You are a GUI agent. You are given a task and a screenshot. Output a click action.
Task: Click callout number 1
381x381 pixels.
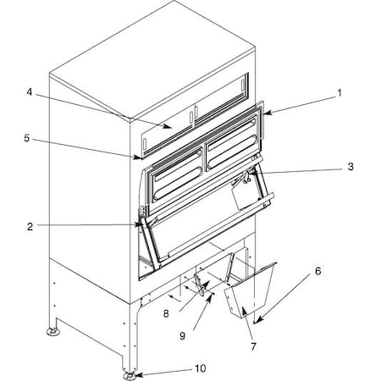tap(340, 92)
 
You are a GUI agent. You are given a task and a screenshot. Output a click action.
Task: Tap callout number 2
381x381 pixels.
tap(30, 227)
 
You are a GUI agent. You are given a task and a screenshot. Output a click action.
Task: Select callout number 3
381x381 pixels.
tap(351, 167)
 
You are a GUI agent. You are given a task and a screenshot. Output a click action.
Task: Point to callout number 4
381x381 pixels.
tap(30, 92)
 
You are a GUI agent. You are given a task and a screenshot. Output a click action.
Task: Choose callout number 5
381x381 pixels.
tap(26, 138)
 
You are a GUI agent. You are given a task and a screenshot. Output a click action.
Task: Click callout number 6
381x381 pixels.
tap(318, 271)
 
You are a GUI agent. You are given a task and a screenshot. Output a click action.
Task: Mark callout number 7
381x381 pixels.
tap(253, 346)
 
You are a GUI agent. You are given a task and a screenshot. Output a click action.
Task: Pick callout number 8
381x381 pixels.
tap(166, 313)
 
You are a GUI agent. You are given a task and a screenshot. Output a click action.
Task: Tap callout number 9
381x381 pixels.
tap(183, 336)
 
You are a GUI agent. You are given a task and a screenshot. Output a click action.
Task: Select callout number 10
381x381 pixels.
tap(200, 368)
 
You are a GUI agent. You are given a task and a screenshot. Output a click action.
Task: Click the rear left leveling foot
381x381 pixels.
tap(52, 331)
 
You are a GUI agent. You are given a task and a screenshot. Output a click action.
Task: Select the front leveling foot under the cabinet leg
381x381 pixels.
tap(130, 376)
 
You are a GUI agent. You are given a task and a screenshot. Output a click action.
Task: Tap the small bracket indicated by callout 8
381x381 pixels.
tap(200, 284)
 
